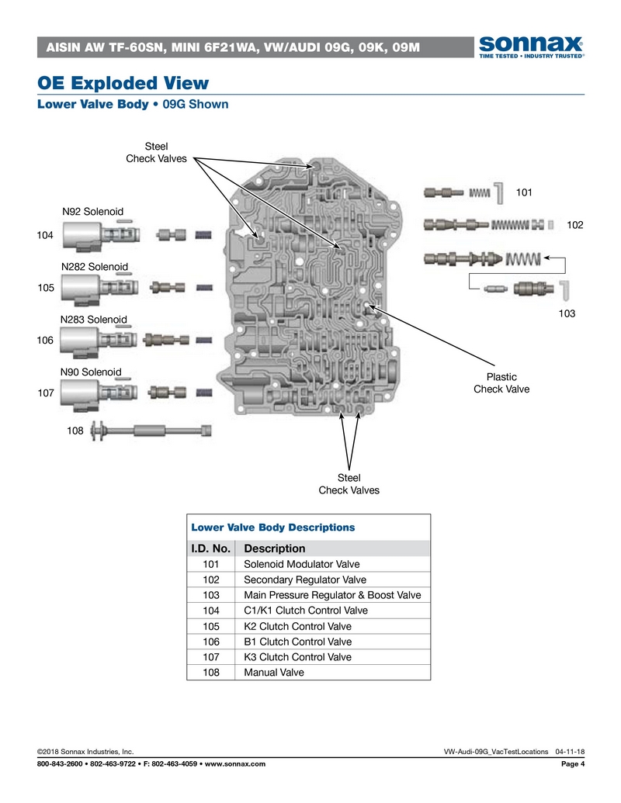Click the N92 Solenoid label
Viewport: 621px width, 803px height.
93,211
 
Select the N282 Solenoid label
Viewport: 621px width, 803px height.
94,267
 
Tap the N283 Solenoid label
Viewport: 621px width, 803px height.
93,319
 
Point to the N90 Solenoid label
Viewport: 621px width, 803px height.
91,372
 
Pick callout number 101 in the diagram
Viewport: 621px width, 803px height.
525,191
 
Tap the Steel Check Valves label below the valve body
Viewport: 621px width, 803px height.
349,483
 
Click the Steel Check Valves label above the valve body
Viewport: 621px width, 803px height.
157,153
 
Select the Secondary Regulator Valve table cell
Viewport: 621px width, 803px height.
304,580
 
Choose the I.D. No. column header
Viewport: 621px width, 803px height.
210,549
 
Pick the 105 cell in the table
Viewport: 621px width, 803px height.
210,626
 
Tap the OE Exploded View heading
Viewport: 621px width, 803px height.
123,82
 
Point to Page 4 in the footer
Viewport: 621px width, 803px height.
572,764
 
